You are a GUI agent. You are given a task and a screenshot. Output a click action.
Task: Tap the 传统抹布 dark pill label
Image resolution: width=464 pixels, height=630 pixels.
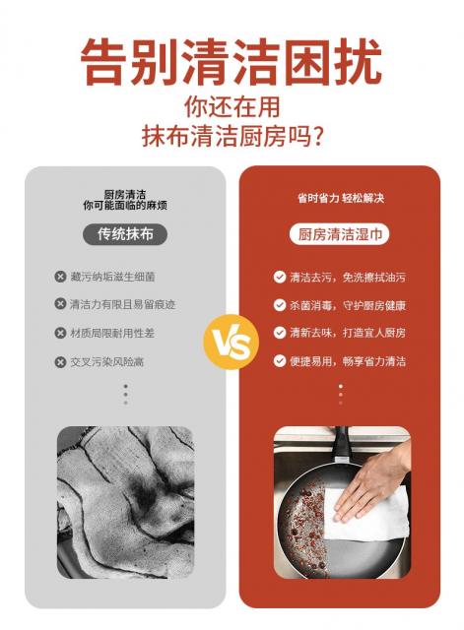125,234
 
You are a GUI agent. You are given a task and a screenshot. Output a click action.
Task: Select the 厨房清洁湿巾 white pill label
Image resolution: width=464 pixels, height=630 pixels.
340,234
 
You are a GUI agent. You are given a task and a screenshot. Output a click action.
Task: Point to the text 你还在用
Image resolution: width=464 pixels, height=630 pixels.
232,106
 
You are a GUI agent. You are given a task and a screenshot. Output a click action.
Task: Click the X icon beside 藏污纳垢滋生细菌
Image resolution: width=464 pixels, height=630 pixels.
60,277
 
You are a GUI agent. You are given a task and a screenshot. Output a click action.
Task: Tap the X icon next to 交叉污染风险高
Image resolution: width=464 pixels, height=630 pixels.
60,362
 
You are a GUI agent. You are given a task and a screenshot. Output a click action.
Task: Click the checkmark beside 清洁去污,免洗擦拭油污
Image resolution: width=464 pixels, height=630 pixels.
280,277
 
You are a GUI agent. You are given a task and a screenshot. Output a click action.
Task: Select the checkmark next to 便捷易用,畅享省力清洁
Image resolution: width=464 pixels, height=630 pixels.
280,361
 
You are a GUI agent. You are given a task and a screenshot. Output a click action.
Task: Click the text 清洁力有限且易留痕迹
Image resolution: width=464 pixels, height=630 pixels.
122,304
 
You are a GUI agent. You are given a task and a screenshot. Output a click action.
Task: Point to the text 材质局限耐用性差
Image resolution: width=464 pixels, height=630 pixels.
112,333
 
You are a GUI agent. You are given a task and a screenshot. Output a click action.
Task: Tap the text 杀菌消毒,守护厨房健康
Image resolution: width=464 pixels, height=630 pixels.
348,305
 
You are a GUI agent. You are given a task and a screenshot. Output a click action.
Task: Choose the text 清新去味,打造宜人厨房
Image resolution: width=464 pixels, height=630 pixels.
348,333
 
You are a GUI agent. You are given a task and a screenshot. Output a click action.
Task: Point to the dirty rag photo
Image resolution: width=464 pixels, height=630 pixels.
125,502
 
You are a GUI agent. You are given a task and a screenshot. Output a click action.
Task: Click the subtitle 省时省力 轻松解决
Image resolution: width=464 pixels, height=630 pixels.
341,198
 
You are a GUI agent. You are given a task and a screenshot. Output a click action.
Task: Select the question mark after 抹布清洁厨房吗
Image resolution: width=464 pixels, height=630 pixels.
318,137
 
